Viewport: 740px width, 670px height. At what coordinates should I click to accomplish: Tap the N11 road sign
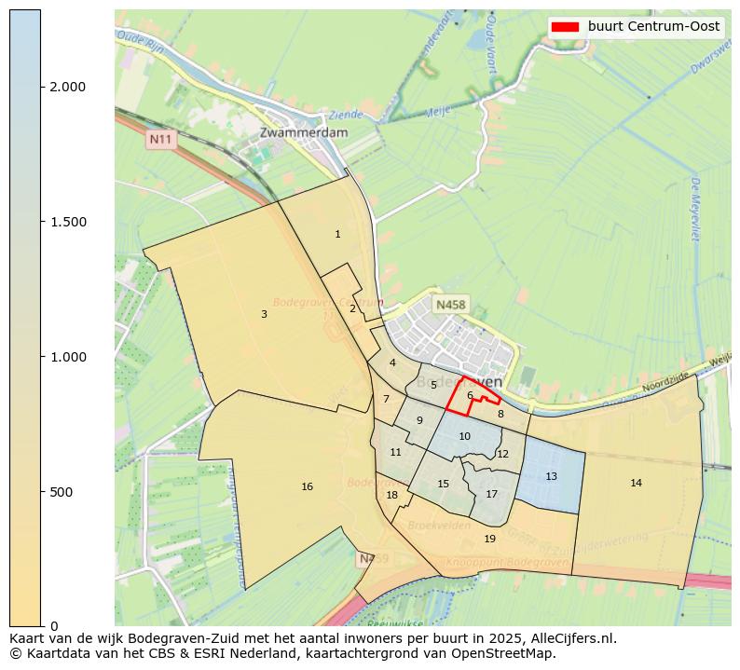click(161, 140)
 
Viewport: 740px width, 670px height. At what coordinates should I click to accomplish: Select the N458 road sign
click(451, 305)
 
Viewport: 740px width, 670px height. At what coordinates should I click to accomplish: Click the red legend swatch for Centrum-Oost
click(565, 27)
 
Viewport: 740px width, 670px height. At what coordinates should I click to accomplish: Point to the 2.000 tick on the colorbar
click(43, 87)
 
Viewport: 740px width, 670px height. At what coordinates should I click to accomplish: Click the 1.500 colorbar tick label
click(67, 222)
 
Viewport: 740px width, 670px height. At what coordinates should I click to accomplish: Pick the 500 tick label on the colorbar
click(62, 491)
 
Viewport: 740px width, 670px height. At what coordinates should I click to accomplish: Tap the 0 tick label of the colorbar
click(53, 625)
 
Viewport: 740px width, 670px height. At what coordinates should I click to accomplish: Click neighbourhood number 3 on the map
click(264, 314)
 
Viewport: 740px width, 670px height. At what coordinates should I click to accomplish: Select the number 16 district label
click(307, 486)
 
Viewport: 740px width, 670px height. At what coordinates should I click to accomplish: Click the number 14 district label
click(636, 483)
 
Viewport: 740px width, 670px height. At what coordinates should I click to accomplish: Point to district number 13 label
click(551, 476)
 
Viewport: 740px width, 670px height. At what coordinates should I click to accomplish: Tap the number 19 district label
click(490, 539)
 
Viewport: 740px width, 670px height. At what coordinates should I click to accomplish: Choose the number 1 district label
click(337, 234)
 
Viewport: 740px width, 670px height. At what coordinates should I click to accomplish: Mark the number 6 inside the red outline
click(470, 395)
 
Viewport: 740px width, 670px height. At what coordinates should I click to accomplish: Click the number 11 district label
click(395, 452)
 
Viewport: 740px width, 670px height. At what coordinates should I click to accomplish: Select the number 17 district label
click(491, 494)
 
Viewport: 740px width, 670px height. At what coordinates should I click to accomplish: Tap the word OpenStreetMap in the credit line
click(512, 653)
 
